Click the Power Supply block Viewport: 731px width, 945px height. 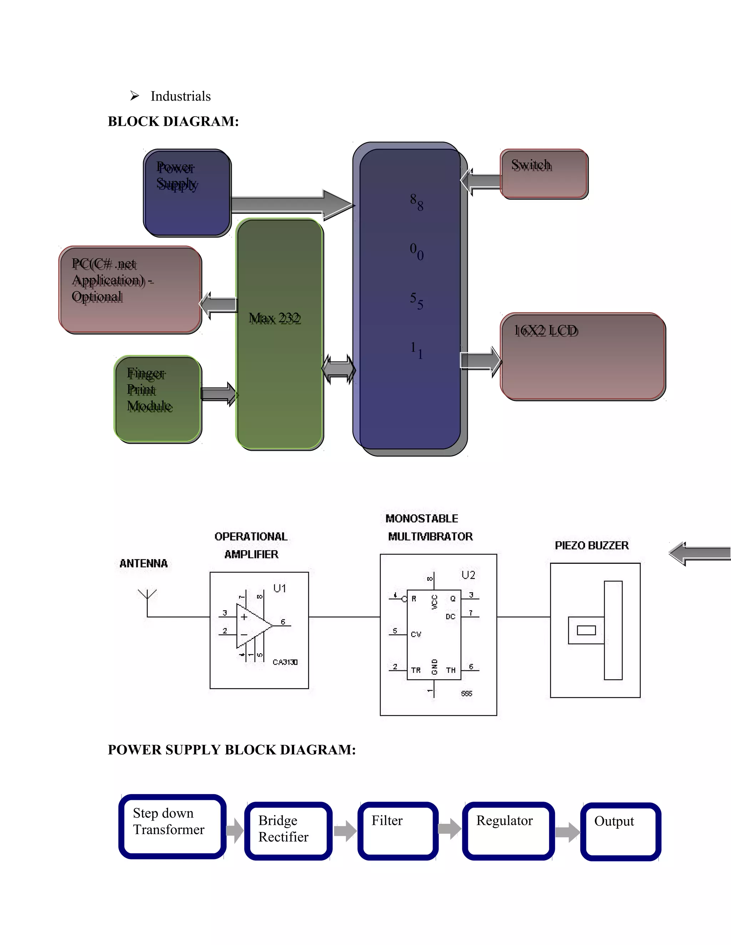pos(187,193)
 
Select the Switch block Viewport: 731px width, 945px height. pos(544,174)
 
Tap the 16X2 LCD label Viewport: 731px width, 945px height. pos(546,331)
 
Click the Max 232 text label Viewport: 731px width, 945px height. pos(274,318)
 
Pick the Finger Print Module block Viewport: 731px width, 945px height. pos(158,399)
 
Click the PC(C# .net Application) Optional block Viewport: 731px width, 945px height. pos(130,290)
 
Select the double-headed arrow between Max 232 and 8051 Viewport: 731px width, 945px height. pos(339,369)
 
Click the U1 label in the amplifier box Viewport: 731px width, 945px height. pos(279,588)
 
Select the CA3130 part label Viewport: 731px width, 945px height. pos(285,662)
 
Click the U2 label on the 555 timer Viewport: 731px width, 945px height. pos(468,575)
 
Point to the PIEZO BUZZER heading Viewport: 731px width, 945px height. pos(591,545)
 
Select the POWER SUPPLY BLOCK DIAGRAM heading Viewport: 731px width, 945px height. pos(232,750)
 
